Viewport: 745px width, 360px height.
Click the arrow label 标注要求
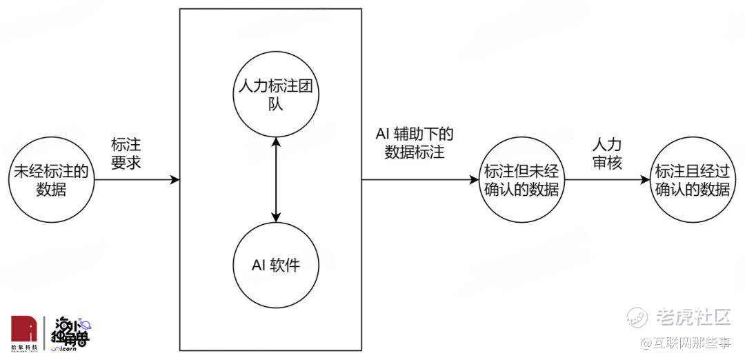[x=126, y=153]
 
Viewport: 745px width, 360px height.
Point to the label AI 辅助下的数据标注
[x=415, y=143]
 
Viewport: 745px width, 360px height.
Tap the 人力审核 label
[x=607, y=153]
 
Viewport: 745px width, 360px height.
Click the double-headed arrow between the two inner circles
[x=275, y=180]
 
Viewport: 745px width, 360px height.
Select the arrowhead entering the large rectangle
[x=175, y=180]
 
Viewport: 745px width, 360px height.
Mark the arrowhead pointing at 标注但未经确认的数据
[x=474, y=180]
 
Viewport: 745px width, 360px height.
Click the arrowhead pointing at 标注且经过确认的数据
[x=644, y=180]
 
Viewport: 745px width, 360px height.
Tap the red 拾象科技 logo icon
[x=23, y=329]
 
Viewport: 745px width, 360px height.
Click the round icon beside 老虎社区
[x=637, y=317]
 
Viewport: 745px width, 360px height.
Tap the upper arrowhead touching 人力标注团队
[x=275, y=143]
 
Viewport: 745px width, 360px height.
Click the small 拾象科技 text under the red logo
[x=23, y=347]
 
